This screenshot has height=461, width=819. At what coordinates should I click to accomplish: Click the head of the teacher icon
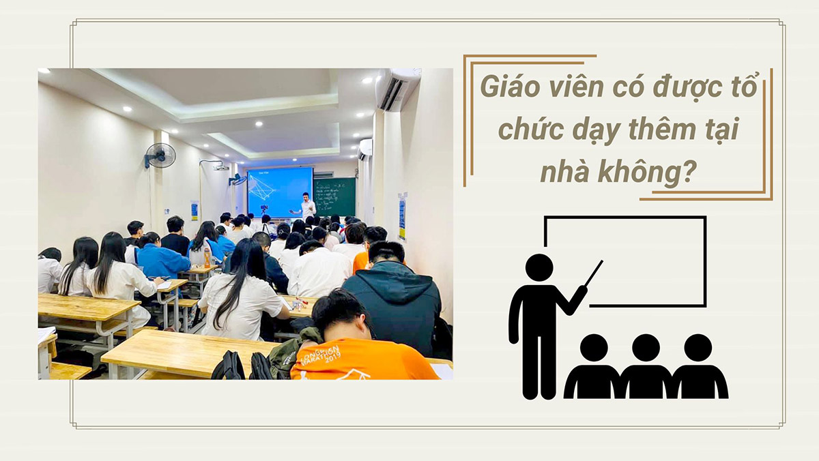click(539, 268)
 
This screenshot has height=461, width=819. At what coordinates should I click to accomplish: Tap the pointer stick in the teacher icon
click(593, 273)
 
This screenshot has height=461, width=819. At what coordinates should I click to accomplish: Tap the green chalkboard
click(335, 196)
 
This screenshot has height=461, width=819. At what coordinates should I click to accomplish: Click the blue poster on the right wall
click(402, 217)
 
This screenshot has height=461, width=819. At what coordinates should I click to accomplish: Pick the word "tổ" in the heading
click(746, 89)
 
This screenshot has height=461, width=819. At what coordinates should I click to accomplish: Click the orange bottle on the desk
click(207, 257)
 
